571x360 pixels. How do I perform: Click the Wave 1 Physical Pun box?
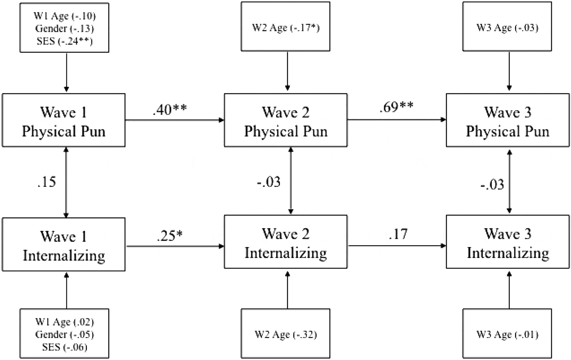tap(64, 121)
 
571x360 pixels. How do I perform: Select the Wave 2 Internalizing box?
tap(285, 243)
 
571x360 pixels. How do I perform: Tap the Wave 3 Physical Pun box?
tap(508, 121)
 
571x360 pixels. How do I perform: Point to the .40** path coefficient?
tap(170, 109)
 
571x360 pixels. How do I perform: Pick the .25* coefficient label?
tap(169, 236)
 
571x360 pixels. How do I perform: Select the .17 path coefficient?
tap(398, 234)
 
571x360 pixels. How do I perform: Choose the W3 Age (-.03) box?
tap(507, 28)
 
